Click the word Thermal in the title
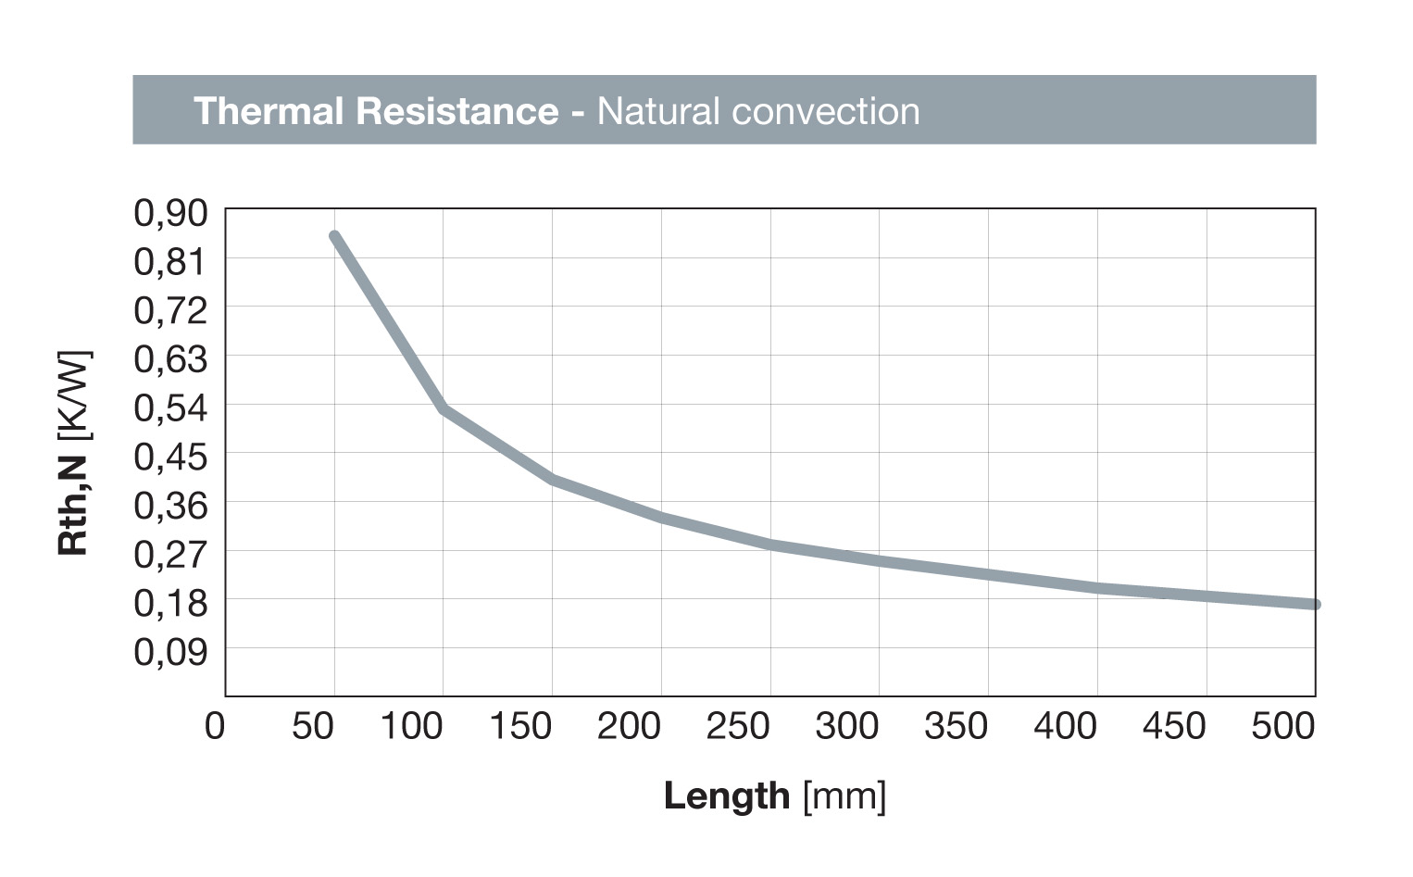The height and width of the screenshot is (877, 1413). click(268, 111)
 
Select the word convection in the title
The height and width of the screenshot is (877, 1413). click(824, 111)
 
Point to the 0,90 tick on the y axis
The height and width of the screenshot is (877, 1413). click(171, 213)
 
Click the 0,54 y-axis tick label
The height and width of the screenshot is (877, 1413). click(171, 407)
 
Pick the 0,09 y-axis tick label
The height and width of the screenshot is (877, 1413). click(171, 652)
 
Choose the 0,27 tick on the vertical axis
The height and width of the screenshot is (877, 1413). click(171, 554)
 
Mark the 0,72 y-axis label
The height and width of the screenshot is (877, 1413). click(171, 310)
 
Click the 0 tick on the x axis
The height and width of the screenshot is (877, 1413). click(215, 727)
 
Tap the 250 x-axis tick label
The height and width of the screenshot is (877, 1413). click(738, 727)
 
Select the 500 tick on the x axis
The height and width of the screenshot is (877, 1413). click(1282, 727)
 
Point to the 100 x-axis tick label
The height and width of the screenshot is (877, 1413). click(411, 727)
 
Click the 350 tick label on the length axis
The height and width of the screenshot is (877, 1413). click(956, 727)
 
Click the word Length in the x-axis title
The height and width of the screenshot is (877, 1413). click(727, 796)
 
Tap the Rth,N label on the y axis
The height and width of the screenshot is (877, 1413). click(73, 506)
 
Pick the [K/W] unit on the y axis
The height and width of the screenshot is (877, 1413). click(73, 395)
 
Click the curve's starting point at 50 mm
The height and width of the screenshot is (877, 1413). click(334, 236)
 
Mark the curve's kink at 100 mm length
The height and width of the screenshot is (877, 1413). click(444, 407)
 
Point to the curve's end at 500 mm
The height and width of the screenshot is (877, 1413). click(1315, 605)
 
